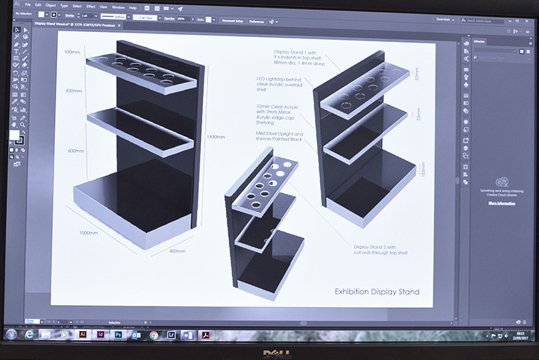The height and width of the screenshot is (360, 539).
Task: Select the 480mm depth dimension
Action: point(176,251)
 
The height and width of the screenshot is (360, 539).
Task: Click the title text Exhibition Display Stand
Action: point(376,292)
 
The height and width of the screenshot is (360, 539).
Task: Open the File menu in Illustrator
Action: point(28,6)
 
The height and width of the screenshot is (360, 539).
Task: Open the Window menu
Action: point(117,6)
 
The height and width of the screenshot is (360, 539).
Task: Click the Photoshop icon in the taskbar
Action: point(118,334)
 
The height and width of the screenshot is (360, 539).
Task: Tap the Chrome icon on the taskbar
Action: point(154,334)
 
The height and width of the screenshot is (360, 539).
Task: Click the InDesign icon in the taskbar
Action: point(101,334)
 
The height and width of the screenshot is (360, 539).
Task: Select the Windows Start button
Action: point(11,334)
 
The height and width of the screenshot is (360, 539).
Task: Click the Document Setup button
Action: point(232,21)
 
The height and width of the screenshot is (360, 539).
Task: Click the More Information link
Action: point(502,203)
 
